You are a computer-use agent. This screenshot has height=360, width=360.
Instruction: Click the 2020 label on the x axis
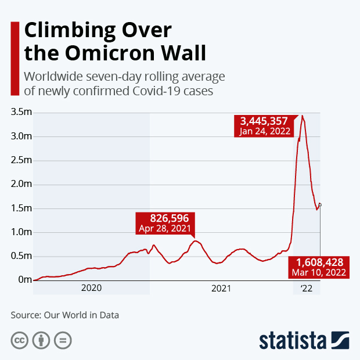pyautogui.click(x=91, y=288)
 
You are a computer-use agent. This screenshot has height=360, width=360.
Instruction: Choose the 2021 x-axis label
pyautogui.click(x=221, y=288)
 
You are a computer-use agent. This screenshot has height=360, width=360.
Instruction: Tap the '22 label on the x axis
pyautogui.click(x=306, y=288)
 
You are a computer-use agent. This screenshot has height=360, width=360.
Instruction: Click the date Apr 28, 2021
pyautogui.click(x=165, y=229)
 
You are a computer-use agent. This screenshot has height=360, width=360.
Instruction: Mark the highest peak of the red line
pyautogui.click(x=302, y=116)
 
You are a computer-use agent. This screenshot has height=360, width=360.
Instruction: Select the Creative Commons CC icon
pyautogui.click(x=20, y=340)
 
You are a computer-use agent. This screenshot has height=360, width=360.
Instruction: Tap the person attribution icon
pyautogui.click(x=41, y=340)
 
